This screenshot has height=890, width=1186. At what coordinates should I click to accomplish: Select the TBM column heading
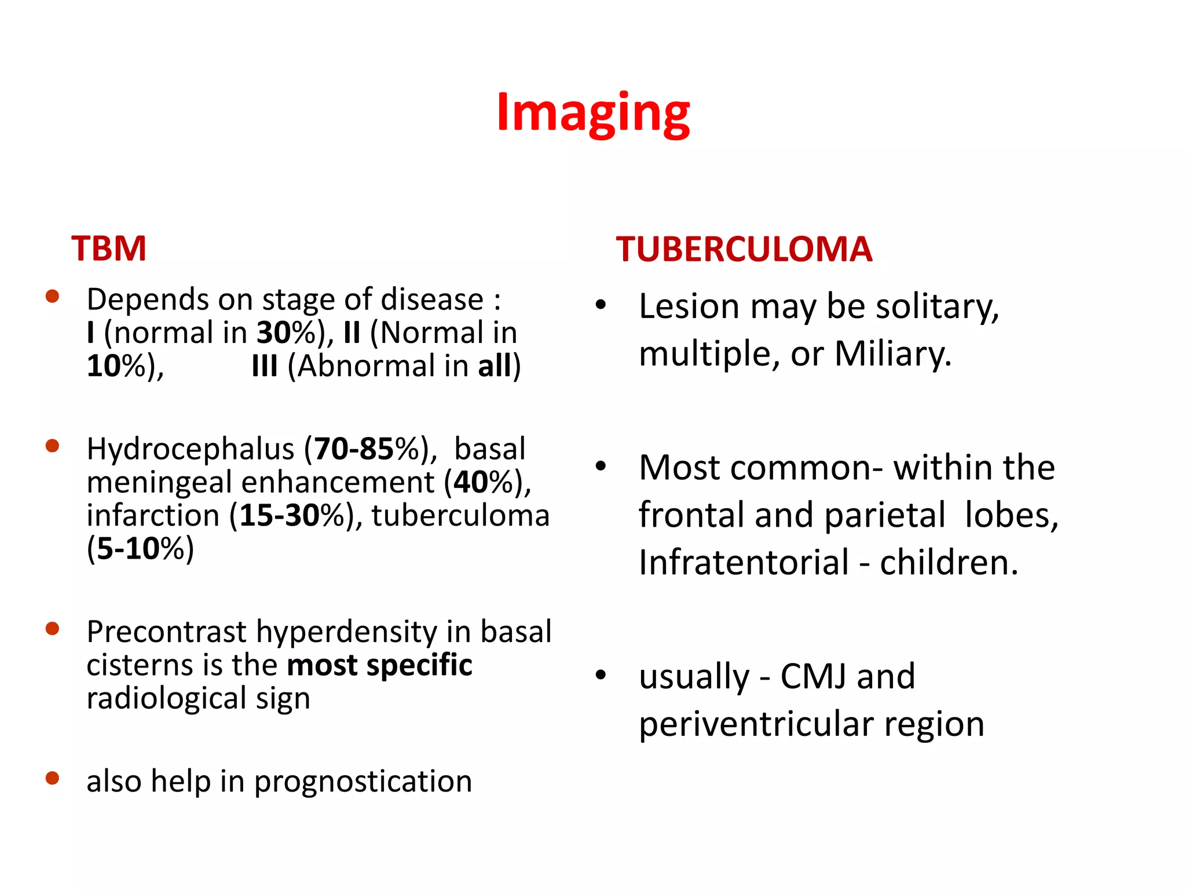click(x=109, y=249)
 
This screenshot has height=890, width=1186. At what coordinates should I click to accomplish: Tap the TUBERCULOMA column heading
click(x=744, y=250)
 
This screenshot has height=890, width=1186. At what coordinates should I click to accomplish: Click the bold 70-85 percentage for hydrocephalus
click(x=353, y=449)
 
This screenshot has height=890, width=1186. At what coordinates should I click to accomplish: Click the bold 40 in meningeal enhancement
click(x=470, y=483)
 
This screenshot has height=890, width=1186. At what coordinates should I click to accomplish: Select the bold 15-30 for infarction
click(x=279, y=516)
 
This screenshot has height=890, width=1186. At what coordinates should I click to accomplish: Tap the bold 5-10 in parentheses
click(x=128, y=549)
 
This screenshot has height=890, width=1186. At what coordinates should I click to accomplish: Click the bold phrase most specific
click(x=380, y=665)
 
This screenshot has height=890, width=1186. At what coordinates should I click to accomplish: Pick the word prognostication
click(x=363, y=782)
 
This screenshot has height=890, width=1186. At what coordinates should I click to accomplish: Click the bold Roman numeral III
click(x=265, y=367)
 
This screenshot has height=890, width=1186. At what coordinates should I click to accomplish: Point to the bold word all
click(x=495, y=367)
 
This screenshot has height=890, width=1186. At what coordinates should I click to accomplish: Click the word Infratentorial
click(x=744, y=563)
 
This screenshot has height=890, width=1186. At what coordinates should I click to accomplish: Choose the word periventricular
click(x=756, y=724)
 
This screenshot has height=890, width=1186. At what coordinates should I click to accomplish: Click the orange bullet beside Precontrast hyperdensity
click(x=53, y=629)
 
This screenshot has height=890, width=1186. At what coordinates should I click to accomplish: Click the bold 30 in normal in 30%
click(x=273, y=334)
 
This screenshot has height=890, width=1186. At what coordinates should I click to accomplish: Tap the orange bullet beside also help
click(x=53, y=778)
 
